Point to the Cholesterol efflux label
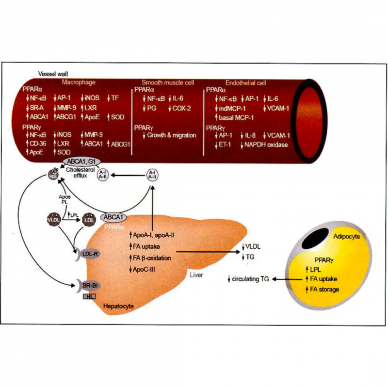tap(84, 175)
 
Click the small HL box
tap(89, 295)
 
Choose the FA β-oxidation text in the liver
tap(153, 258)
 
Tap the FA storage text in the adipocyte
tap(322, 290)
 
